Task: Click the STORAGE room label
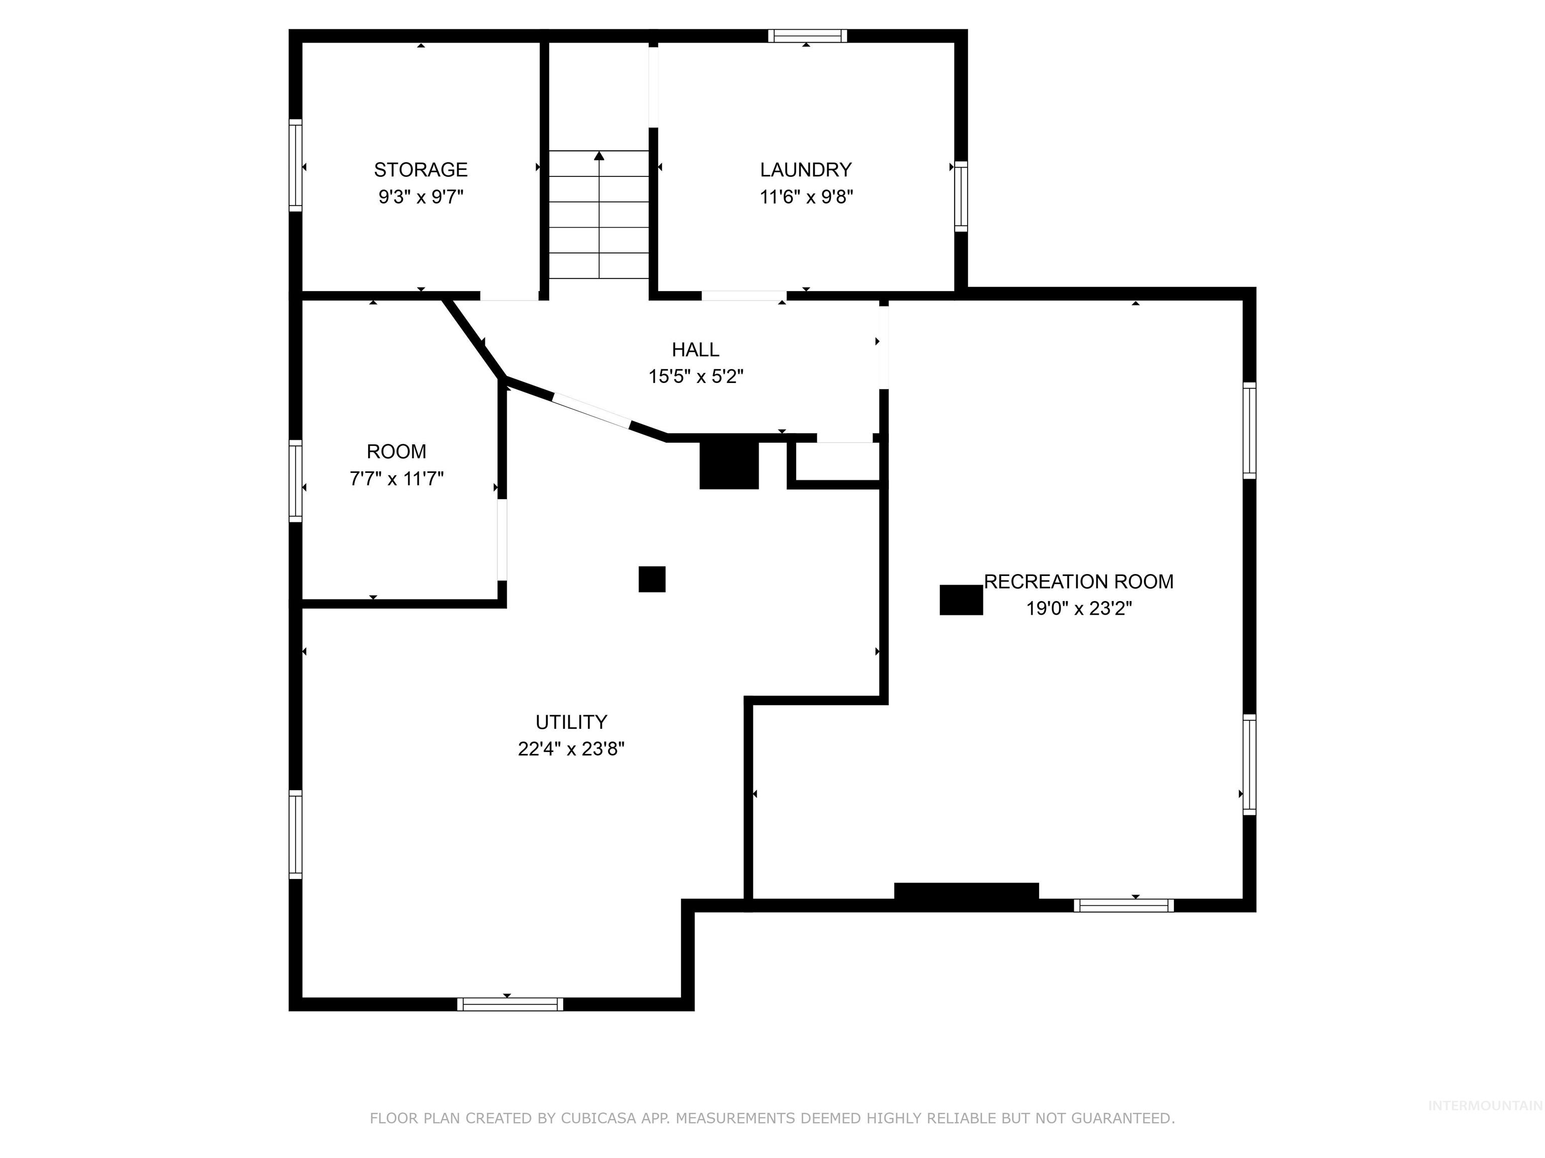tap(420, 169)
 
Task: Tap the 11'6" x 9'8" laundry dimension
tap(806, 197)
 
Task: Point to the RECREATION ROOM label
tap(1078, 582)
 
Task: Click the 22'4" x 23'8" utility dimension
tap(571, 749)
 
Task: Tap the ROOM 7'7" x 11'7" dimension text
tap(396, 479)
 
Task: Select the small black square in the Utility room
tap(652, 580)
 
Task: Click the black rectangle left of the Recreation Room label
tap(961, 600)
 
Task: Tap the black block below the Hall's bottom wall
tap(729, 465)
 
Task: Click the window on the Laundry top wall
tap(807, 36)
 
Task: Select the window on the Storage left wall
tap(295, 165)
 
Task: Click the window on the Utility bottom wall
tap(510, 1004)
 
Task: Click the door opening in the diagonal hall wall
tap(591, 412)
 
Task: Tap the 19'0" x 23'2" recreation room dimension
tap(1078, 609)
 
